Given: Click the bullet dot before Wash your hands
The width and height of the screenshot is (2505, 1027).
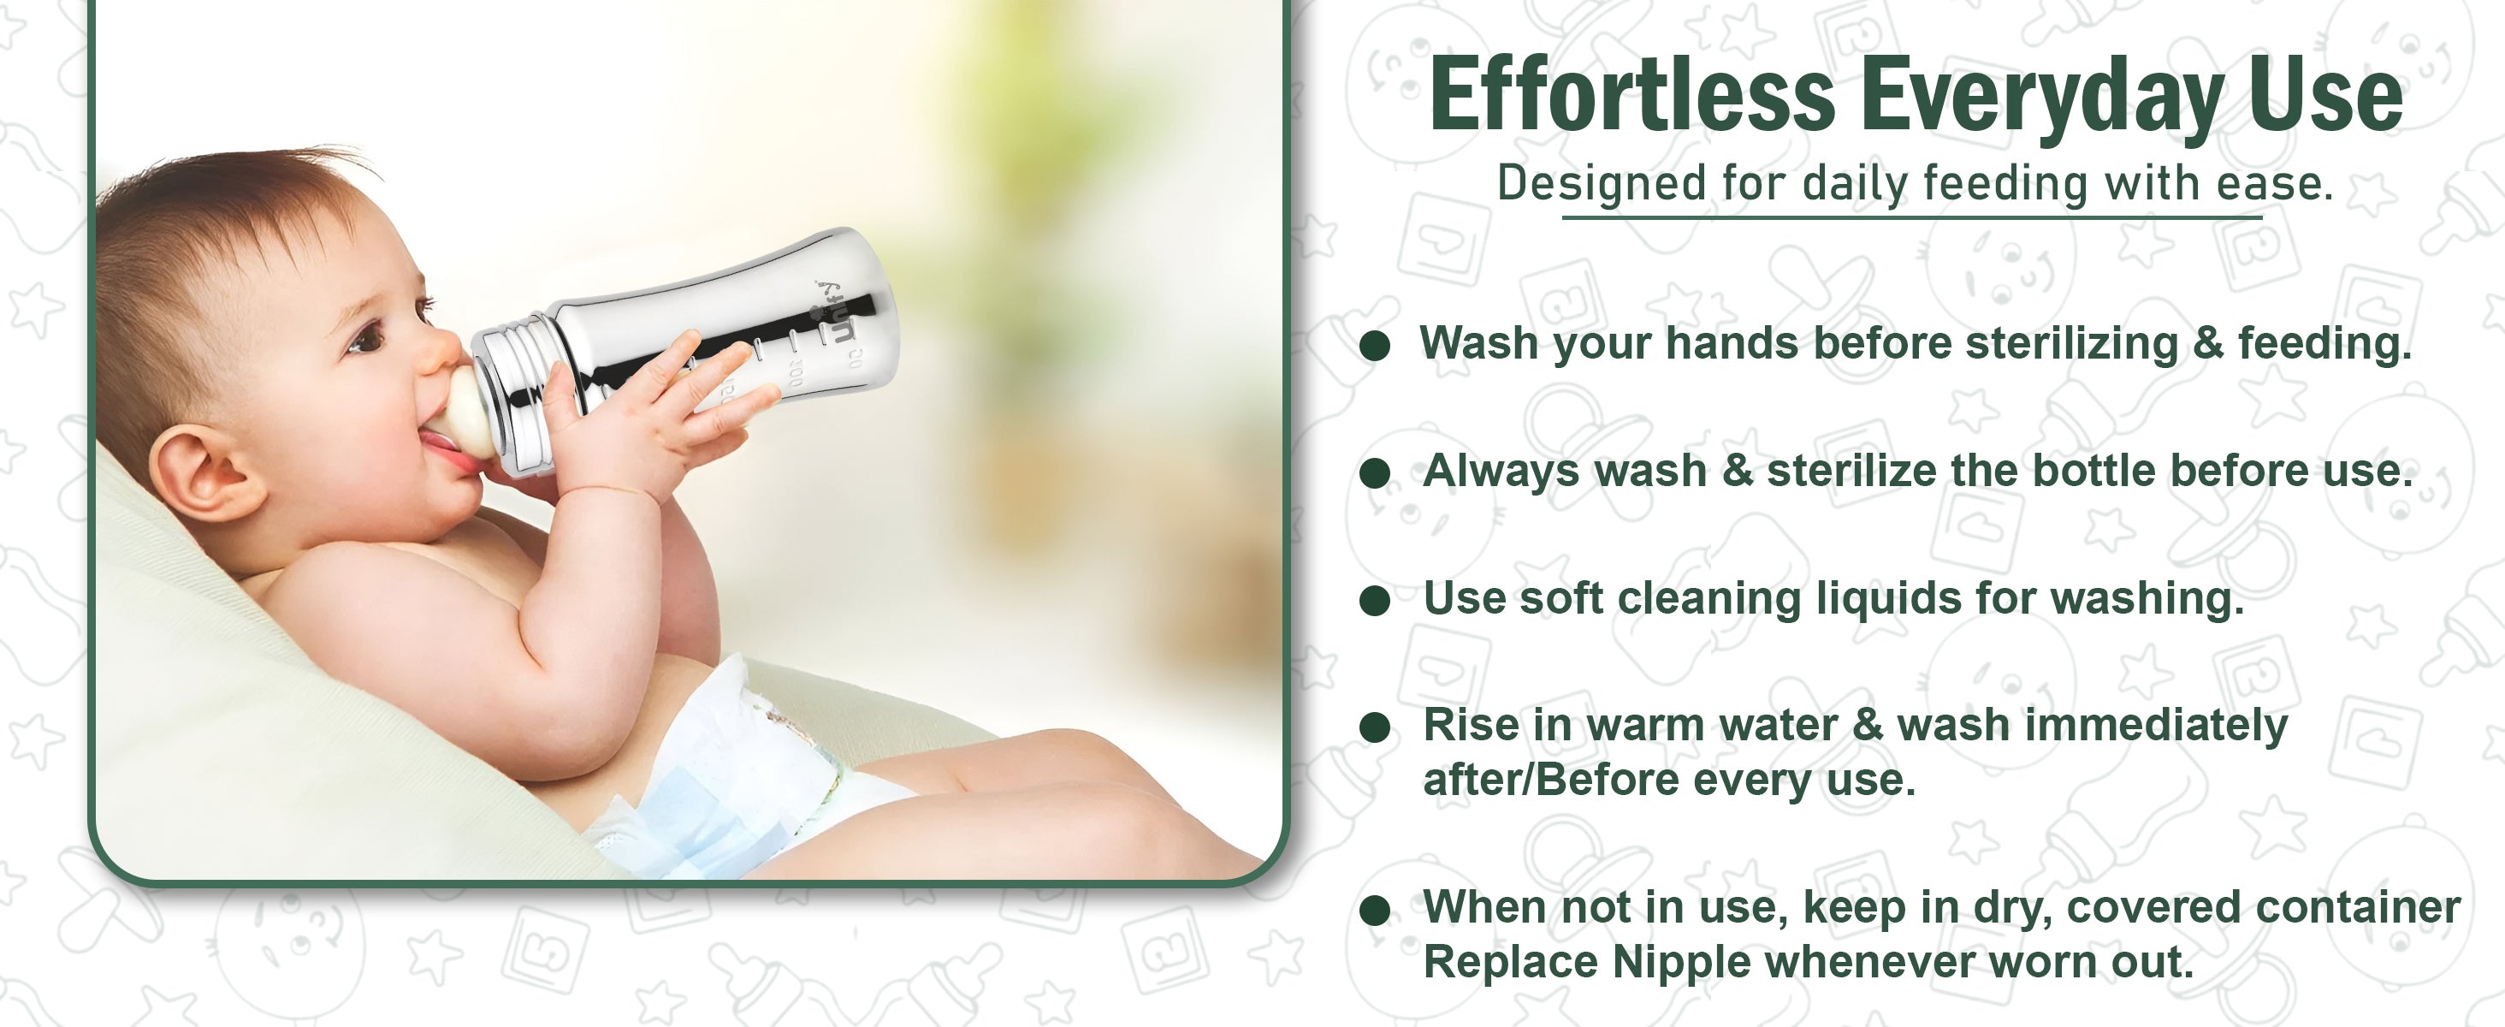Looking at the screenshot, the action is [x=1374, y=345].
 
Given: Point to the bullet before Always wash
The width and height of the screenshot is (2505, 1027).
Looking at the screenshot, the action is [x=1374, y=472].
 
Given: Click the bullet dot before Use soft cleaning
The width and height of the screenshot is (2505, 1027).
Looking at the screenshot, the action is [x=1374, y=600].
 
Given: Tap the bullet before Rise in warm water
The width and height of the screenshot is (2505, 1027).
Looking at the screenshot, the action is [x=1374, y=727].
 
